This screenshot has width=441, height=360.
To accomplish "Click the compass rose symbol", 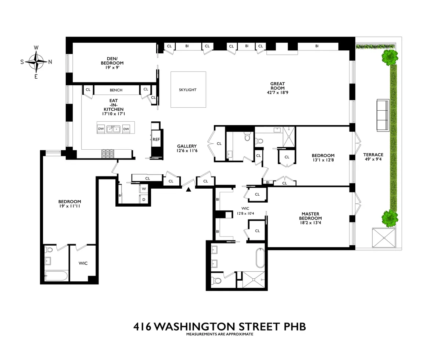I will pos(36,61).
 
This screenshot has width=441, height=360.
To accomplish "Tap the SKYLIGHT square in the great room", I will pos(188,90).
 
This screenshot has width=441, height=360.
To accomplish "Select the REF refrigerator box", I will pos(157,139).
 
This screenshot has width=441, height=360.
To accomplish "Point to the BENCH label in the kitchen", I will pos(116,90).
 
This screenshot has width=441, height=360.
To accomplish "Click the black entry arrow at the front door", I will pos(189,190).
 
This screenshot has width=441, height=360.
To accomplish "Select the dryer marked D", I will pos(144,199).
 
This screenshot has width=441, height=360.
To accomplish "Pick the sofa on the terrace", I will pos(382,115).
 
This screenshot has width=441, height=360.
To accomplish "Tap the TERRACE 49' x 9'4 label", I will pos(373,157).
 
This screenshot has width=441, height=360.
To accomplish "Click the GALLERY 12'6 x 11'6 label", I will pos(187,148).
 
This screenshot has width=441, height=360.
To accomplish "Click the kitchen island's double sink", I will pos(114,129).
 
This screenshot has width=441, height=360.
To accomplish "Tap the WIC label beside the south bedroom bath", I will pos(83,263).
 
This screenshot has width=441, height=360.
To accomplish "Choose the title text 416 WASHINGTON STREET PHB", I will pos(219,326).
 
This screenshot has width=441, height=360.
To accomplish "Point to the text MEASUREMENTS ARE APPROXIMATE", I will pos(219,335).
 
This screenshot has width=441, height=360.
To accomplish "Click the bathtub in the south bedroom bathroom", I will pos(56,276).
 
